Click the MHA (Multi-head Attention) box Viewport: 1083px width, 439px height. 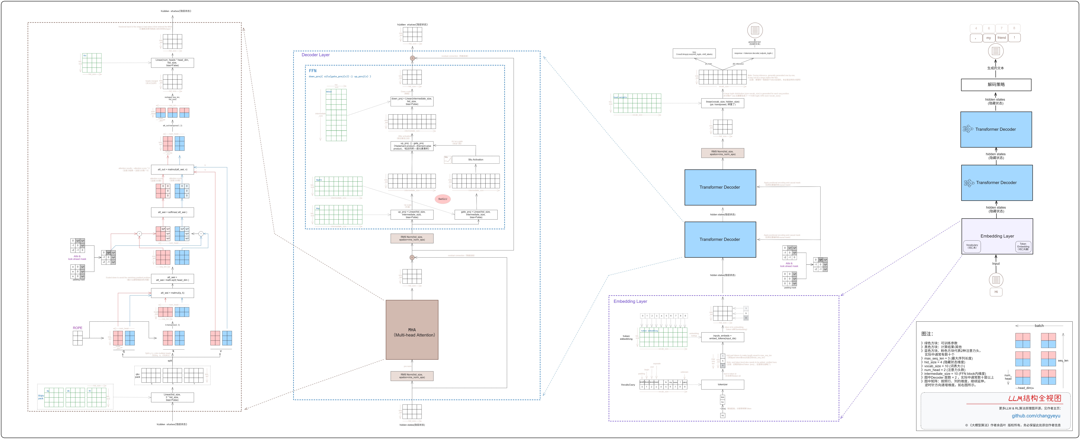pos(412,330)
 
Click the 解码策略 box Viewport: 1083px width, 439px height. pos(996,84)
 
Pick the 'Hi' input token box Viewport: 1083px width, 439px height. pos(996,292)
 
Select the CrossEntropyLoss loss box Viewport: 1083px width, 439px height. pos(694,53)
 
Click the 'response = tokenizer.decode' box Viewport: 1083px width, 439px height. pos(753,53)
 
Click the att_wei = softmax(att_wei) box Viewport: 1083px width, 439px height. pos(172,212)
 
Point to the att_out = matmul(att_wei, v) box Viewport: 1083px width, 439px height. pos(172,169)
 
